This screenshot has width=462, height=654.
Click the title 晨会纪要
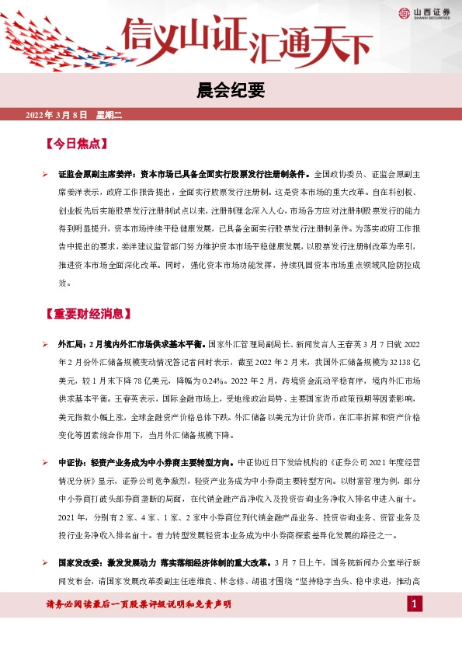[x=231, y=92]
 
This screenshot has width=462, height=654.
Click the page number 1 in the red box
[x=416, y=604]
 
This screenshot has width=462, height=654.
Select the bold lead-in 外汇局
[x=69, y=344]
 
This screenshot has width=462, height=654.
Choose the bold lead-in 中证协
[x=69, y=463]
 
